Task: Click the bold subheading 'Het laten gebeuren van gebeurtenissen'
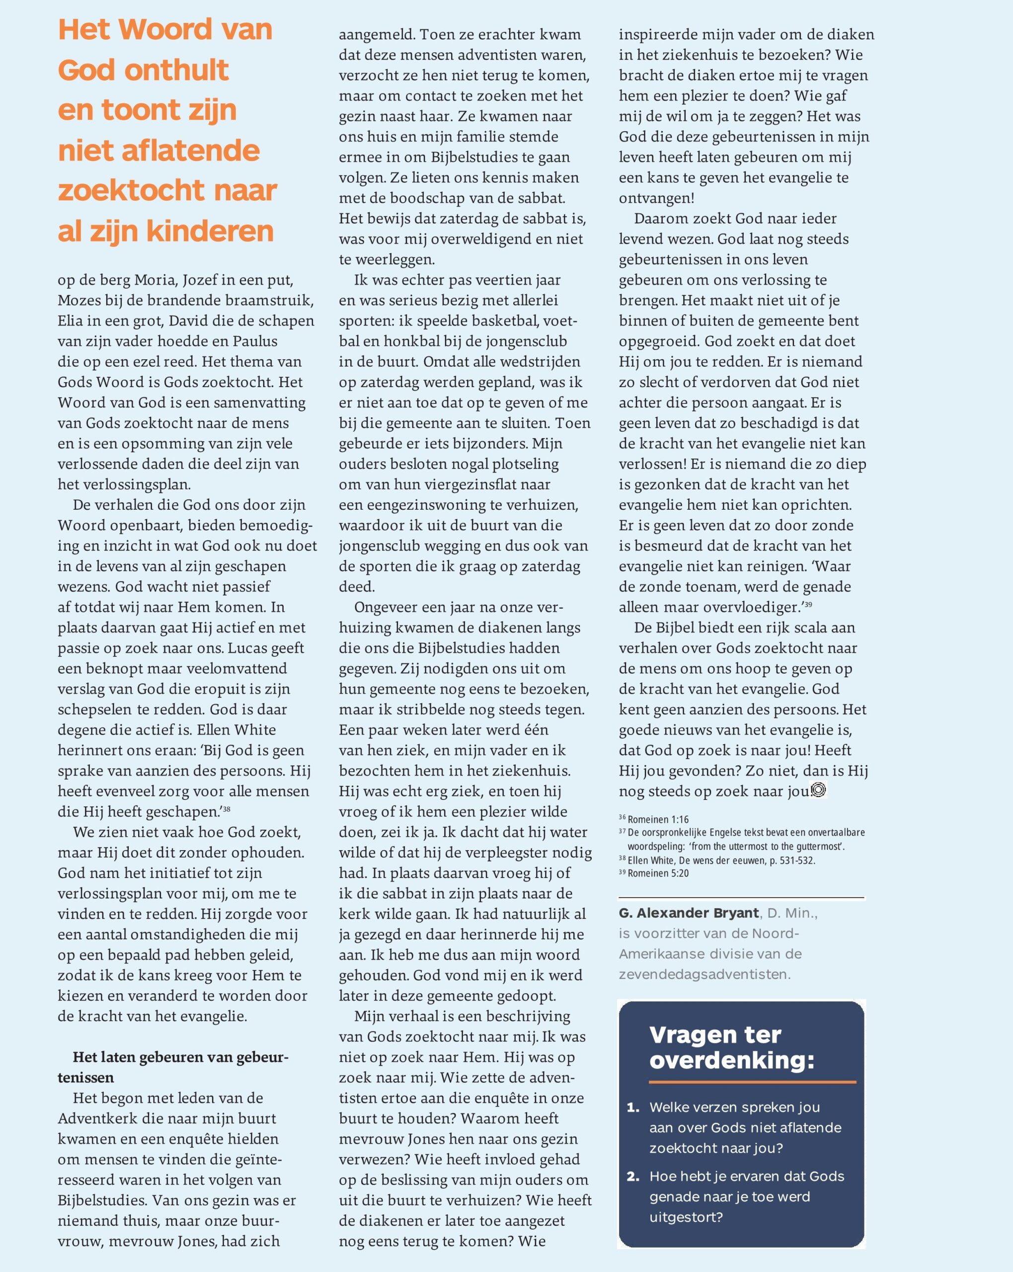pyautogui.click(x=173, y=1067)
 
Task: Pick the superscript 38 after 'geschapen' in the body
pyautogui.click(x=227, y=809)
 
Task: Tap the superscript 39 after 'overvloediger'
pyautogui.click(x=808, y=605)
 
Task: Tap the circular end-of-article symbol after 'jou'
pyautogui.click(x=818, y=790)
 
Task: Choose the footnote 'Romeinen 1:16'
pyautogui.click(x=658, y=819)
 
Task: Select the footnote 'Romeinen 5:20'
pyautogui.click(x=658, y=873)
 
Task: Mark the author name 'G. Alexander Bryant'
pyautogui.click(x=689, y=913)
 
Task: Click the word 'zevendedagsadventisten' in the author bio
pyautogui.click(x=704, y=974)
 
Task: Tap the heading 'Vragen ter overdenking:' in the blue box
pyautogui.click(x=732, y=1047)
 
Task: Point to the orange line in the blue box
pyautogui.click(x=752, y=1082)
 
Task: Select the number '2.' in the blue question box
pyautogui.click(x=633, y=1177)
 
